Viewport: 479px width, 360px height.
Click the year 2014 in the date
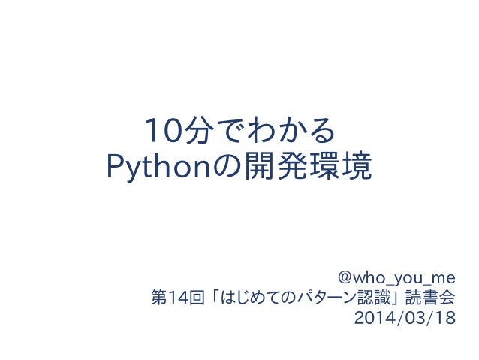[x=371, y=319]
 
